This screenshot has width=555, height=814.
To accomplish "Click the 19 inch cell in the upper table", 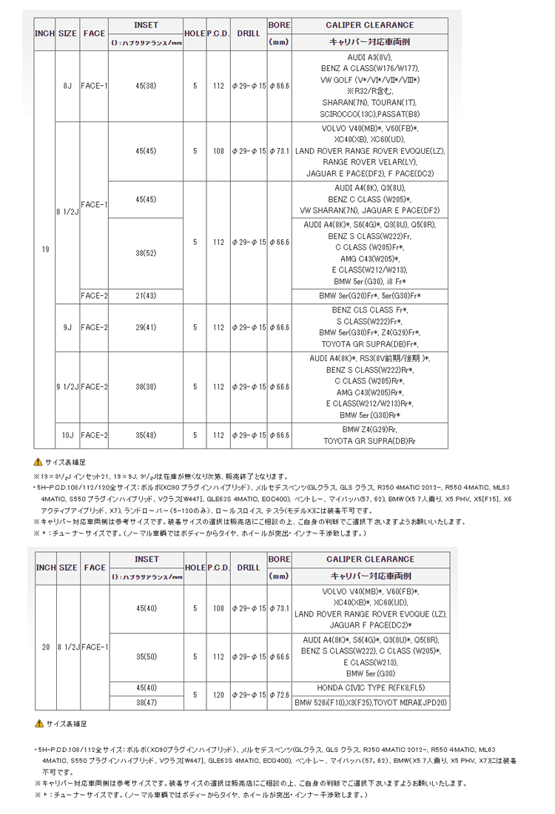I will click(46, 249).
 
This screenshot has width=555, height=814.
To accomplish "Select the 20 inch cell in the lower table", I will click(46, 647).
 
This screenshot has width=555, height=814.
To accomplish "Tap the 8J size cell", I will click(68, 87).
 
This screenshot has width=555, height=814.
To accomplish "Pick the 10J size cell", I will click(68, 435).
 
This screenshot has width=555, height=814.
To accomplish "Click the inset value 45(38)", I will click(146, 87).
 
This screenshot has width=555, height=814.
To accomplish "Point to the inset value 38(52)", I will click(146, 253).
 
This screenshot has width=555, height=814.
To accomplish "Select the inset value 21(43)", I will click(146, 296).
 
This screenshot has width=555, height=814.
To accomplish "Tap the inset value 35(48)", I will click(146, 435).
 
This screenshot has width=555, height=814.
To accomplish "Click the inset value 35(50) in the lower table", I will click(146, 657).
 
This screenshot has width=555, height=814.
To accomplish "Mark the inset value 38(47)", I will click(146, 702).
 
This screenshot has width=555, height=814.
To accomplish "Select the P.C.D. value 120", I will click(218, 695).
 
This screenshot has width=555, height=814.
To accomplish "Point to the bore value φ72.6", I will click(279, 695).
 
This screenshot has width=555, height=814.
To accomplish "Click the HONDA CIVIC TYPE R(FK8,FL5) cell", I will click(370, 687).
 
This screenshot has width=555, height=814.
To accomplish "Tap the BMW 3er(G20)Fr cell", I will click(370, 296).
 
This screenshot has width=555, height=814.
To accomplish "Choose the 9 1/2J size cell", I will click(68, 387).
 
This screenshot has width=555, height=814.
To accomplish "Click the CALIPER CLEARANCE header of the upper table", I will click(370, 24).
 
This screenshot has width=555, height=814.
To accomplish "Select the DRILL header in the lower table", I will click(249, 567).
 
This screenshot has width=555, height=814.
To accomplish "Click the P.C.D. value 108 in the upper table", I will click(218, 151).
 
